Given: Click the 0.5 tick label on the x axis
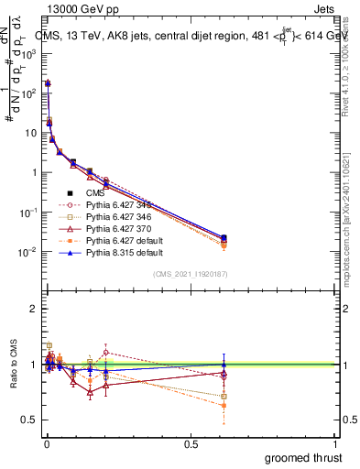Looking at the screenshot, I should pos(190,443).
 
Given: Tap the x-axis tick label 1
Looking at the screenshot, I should pos(334,443).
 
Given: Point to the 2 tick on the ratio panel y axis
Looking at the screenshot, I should pos(34,309).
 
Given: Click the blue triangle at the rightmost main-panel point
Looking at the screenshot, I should pos(224,237).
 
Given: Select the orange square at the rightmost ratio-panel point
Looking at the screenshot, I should pos(224,404).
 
